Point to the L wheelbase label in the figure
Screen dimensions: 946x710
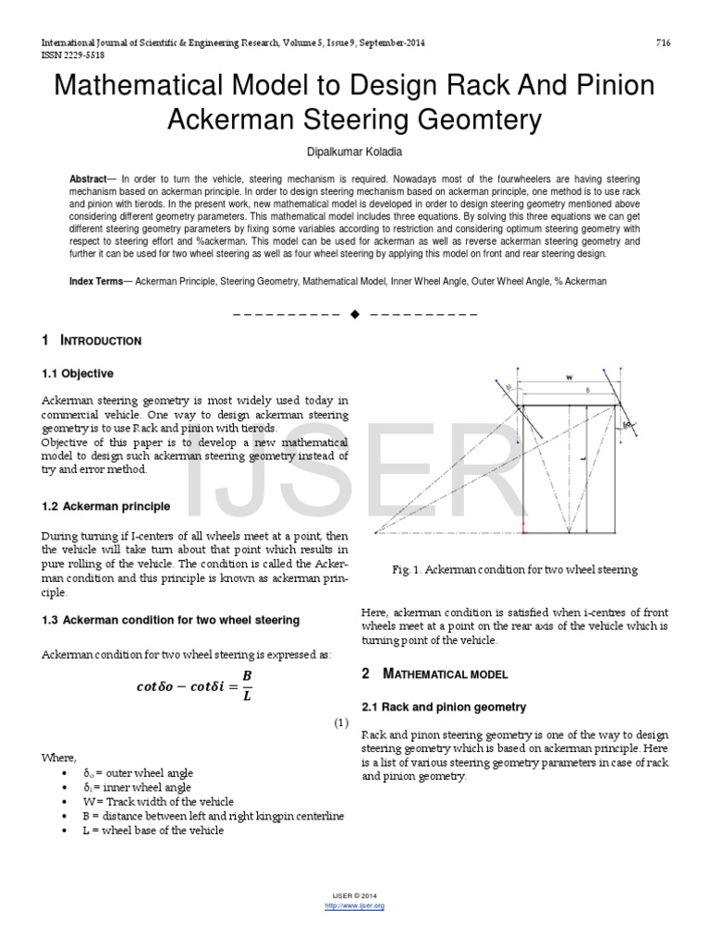point(585,457)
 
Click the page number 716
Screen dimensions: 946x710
point(662,43)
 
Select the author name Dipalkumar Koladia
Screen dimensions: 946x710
point(355,150)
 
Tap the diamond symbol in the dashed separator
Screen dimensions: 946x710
point(355,314)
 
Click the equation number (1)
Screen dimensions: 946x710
point(340,723)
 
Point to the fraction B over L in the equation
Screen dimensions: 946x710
point(246,685)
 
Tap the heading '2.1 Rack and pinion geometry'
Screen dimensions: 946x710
point(443,707)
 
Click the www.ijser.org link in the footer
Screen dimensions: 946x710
point(355,906)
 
